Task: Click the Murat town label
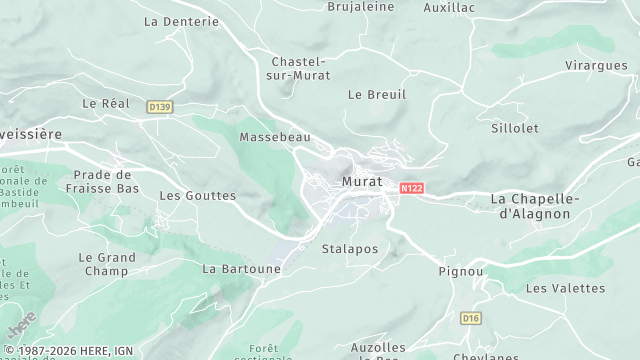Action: pos(361,181)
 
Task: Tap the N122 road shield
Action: pos(410,187)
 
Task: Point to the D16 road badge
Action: pos(470,317)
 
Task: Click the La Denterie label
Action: pos(181,20)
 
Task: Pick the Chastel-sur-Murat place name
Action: pos(301,68)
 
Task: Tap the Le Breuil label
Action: pos(377,94)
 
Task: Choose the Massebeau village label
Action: pos(275,136)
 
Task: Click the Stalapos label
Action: pos(350,248)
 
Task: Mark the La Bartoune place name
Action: pos(242,269)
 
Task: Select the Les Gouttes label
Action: pos(198,196)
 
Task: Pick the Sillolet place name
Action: pos(515,128)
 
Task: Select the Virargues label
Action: pos(596,65)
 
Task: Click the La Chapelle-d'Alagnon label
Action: pos(535,206)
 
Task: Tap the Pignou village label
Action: pos(461,271)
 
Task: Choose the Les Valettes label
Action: pos(565,288)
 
